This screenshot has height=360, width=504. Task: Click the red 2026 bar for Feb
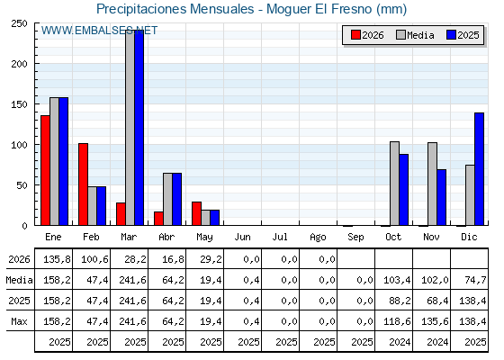click(83, 184)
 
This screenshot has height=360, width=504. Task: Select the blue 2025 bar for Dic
click(479, 169)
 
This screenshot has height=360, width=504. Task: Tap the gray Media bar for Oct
click(395, 184)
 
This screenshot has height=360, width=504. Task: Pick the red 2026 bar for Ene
click(45, 170)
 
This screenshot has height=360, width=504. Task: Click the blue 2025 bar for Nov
click(441, 197)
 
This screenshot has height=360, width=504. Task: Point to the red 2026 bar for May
click(197, 214)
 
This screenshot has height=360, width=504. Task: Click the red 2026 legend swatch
click(355, 35)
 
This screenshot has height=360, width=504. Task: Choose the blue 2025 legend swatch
click(451, 35)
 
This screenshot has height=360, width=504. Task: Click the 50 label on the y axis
click(22, 185)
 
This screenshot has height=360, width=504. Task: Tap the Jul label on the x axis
click(280, 238)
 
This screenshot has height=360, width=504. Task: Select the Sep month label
click(355, 238)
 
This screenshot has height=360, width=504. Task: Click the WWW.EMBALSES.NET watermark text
click(99, 31)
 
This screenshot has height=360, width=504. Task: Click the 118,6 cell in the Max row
click(397, 321)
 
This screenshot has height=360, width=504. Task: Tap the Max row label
click(19, 321)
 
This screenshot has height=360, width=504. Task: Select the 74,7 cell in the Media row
click(475, 280)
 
